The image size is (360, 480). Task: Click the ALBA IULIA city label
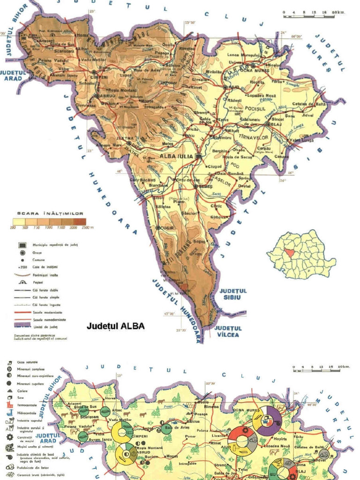click(x=176, y=156)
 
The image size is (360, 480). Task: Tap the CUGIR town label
click(x=167, y=228)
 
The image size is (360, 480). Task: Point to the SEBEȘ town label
click(x=205, y=186)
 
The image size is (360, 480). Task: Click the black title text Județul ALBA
click(x=116, y=326)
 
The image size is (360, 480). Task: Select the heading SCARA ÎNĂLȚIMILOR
click(x=50, y=213)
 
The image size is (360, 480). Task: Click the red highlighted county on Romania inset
click(x=292, y=253)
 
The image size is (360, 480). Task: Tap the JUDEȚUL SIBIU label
click(x=232, y=294)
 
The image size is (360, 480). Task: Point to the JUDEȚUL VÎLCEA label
click(x=228, y=331)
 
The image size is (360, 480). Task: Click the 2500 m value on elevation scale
click(x=87, y=227)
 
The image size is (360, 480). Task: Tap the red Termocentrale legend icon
click(x=9, y=405)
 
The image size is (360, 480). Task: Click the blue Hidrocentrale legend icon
click(x=9, y=413)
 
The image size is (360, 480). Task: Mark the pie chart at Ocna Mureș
click(x=267, y=420)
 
